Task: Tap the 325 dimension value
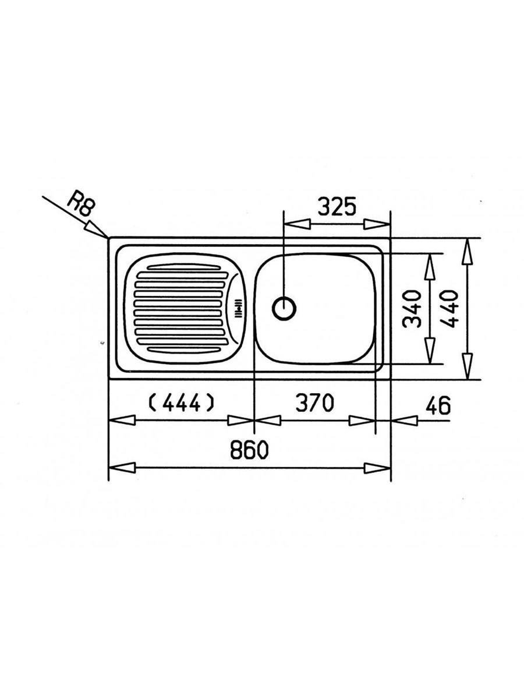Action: click(336, 207)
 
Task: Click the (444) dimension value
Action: click(182, 403)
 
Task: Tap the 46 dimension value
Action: click(437, 406)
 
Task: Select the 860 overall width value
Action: click(248, 450)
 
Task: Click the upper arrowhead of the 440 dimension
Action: click(467, 251)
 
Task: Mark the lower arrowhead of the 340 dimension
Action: click(430, 351)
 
